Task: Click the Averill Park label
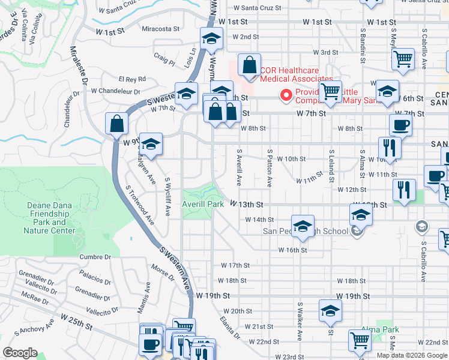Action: point(203,205)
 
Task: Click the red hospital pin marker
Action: point(287,95)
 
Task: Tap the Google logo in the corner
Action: point(20,352)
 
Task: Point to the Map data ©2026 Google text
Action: point(411,355)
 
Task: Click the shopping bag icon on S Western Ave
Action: point(116,124)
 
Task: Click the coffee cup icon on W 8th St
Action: point(400,125)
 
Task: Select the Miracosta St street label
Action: point(161,28)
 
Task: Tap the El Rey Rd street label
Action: point(132,79)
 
